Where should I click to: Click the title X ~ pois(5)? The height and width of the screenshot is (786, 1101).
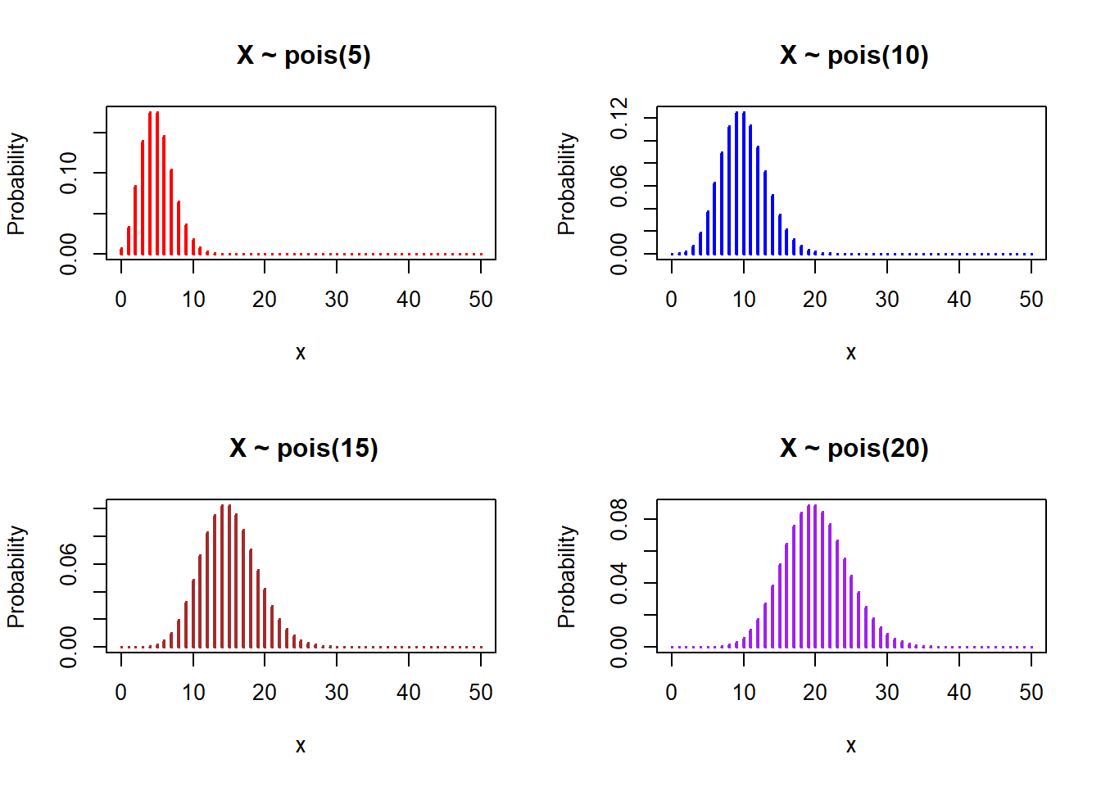tap(304, 56)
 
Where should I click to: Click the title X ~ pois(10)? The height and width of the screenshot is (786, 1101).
tap(854, 56)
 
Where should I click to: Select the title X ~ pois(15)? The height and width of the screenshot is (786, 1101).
tap(304, 449)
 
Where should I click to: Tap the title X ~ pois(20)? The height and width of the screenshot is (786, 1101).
tap(854, 449)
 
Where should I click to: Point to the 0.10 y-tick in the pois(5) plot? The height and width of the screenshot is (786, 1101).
tap(69, 173)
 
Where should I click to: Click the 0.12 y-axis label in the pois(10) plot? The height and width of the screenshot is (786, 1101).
tap(619, 118)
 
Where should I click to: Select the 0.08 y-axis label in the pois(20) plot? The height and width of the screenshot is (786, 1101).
tap(619, 519)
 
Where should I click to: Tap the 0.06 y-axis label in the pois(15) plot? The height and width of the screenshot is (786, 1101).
tap(69, 564)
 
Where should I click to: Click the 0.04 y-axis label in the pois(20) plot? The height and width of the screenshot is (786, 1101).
tap(619, 583)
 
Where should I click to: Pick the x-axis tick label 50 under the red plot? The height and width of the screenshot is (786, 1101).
tap(481, 300)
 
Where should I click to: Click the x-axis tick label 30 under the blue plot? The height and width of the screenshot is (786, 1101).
tap(887, 300)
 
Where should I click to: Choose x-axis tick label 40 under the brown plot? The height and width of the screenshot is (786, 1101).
tap(409, 693)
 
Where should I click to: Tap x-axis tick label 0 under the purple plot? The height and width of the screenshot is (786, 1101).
tap(672, 693)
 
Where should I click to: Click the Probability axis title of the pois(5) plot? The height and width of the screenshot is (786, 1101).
tap(16, 184)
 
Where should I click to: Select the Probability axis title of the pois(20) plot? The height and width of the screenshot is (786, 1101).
tap(566, 576)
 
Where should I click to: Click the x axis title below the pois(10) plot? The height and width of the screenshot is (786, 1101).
tap(851, 353)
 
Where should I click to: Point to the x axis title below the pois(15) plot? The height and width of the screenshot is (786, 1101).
tap(301, 746)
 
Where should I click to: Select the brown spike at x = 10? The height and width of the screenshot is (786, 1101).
tap(193, 614)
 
